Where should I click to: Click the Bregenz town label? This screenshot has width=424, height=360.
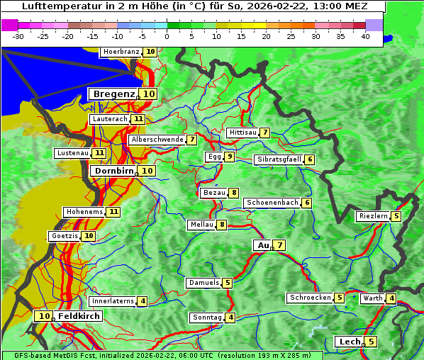point(113,94)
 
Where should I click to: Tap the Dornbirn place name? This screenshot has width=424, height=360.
point(113,171)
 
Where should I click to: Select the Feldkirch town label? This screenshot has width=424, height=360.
point(79,316)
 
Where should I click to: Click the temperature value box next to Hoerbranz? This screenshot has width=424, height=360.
point(150,52)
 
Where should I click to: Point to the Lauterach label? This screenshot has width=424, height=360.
point(109,119)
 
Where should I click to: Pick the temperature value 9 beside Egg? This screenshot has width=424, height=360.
point(230,157)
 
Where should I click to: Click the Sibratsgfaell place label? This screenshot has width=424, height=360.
point(279,159)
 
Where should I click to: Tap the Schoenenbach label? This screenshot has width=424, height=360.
point(272,203)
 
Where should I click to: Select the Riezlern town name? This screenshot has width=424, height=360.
point(373,216)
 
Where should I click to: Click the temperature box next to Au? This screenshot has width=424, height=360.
point(280,245)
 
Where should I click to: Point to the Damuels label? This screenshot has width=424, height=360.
point(203,283)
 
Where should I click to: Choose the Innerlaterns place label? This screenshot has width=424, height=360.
point(112,301)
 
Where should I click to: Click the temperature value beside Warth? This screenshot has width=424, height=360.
point(392,298)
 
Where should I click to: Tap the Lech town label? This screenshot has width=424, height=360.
point(350,342)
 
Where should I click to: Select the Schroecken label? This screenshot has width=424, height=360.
point(310,298)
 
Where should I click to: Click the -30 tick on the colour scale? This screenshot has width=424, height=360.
point(19,36)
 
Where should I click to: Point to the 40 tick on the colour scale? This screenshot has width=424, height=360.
point(364,36)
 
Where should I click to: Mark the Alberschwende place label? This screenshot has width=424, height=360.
point(157,140)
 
